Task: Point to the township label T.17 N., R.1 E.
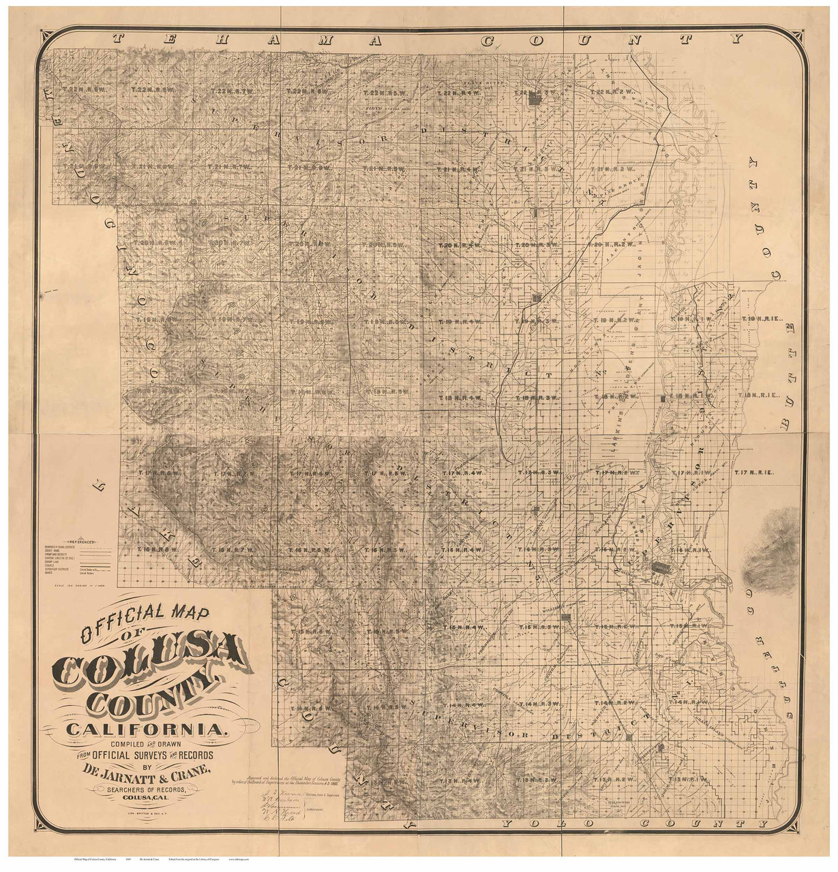pyautogui.click(x=755, y=472)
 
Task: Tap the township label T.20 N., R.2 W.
pyautogui.click(x=606, y=245)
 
